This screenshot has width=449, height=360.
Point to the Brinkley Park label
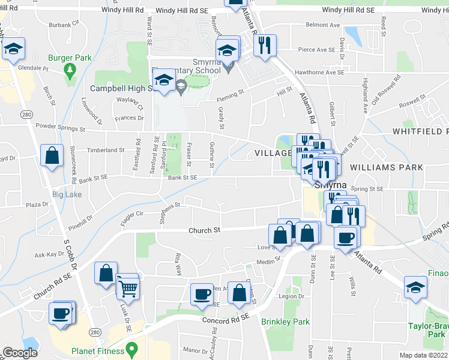click(x=286, y=322)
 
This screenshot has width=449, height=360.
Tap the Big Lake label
click(x=67, y=194)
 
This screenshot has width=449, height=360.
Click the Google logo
click(x=20, y=353)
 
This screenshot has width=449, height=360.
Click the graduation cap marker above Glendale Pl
click(x=13, y=50)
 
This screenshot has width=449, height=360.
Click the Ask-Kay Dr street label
click(x=50, y=254)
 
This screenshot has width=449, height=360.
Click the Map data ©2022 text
click(x=423, y=355)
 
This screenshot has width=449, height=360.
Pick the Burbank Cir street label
click(x=64, y=25)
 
